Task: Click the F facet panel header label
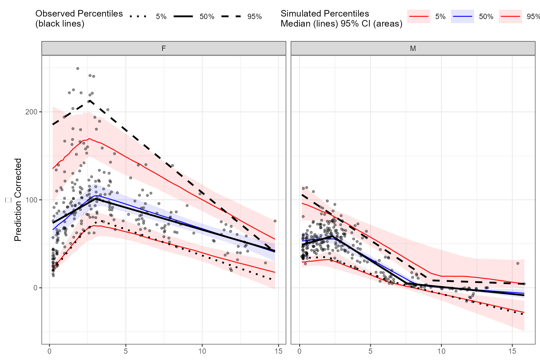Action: point(163,48)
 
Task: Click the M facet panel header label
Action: point(413,48)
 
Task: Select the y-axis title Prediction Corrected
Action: point(18,200)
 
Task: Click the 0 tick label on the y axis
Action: point(35,288)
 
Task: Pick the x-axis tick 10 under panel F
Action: point(202,351)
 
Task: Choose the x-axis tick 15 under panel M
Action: point(512,351)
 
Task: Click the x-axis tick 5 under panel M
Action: point(370,351)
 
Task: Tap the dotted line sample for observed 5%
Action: point(138,17)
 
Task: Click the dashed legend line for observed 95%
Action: point(231,17)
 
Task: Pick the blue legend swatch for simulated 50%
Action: point(462,17)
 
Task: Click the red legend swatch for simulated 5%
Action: point(418,17)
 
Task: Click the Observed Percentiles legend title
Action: point(79,18)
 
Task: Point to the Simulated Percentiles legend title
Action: point(341,18)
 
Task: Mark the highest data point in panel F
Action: point(78,68)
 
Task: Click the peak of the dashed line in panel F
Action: point(89,101)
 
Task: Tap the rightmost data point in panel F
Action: point(275,221)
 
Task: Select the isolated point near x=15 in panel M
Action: point(517,263)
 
